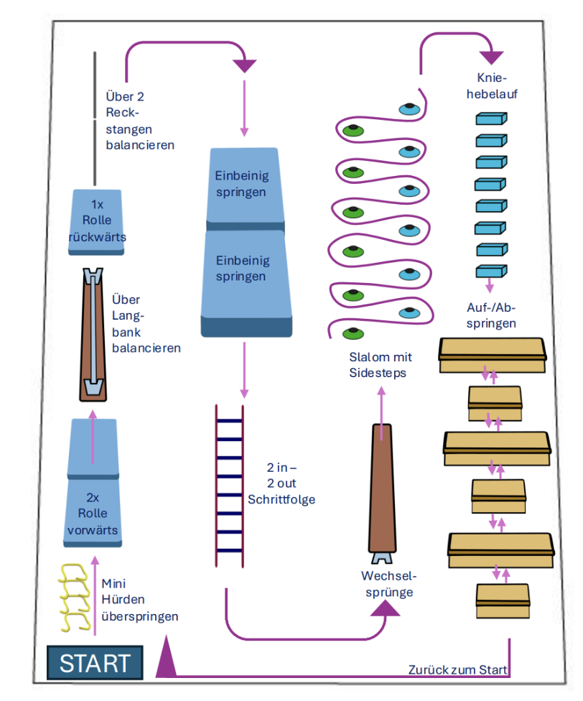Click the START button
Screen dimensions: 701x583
point(95,662)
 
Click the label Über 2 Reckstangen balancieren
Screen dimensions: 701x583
point(139,120)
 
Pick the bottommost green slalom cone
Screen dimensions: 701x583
point(352,332)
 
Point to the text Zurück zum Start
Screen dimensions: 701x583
point(457,669)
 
